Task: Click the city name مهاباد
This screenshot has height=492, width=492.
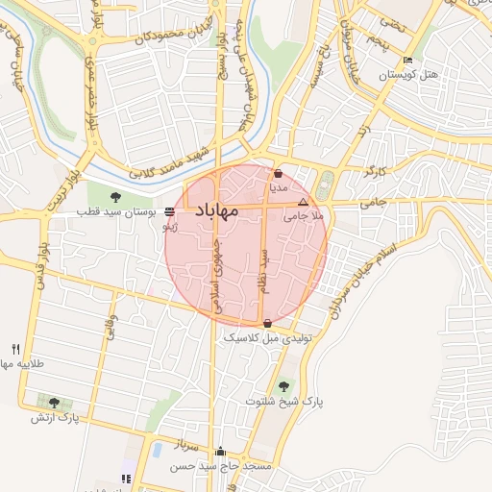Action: click(221, 210)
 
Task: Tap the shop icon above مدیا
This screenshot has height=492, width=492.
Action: click(278, 175)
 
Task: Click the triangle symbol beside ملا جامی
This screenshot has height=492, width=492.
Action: click(304, 203)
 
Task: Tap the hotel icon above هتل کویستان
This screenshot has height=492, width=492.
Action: click(408, 61)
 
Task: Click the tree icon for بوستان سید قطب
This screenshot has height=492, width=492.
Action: click(115, 197)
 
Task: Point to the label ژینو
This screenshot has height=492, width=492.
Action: click(169, 228)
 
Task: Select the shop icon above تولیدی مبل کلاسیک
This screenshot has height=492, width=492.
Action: click(266, 324)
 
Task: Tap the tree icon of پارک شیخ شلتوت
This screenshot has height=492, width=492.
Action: click(283, 386)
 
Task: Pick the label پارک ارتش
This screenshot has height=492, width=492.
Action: click(65, 418)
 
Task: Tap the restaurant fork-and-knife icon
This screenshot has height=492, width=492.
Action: click(15, 349)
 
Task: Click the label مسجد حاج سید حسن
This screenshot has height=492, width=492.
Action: click(222, 466)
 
